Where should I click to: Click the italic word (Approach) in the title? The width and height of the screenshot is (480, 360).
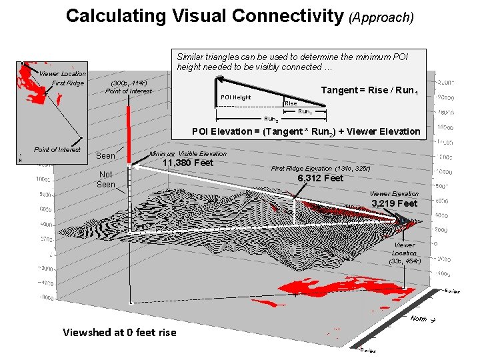(381, 17)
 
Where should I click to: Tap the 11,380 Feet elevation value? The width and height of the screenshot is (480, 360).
(188, 163)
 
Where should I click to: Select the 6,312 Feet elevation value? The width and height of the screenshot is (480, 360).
(320, 178)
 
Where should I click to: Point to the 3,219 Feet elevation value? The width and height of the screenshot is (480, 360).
(395, 203)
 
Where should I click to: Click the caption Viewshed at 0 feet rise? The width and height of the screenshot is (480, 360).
(119, 332)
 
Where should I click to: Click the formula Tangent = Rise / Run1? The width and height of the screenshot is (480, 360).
(370, 91)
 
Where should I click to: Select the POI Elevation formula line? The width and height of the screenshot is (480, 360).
(306, 131)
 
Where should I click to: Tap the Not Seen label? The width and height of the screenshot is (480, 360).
(106, 179)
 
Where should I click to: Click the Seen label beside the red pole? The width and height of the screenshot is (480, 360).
(106, 156)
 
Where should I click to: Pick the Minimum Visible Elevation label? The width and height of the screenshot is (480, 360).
(188, 153)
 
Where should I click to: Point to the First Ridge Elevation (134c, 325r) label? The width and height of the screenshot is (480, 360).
(321, 169)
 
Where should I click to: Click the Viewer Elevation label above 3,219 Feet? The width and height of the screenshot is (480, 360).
(395, 193)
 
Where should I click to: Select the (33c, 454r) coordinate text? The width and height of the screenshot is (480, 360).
(405, 261)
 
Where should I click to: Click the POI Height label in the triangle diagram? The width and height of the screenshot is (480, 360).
(235, 97)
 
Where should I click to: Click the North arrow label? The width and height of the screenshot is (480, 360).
(421, 319)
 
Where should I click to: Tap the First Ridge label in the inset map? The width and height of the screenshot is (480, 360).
(68, 83)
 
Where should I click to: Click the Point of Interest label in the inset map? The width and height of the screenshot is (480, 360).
(57, 149)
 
